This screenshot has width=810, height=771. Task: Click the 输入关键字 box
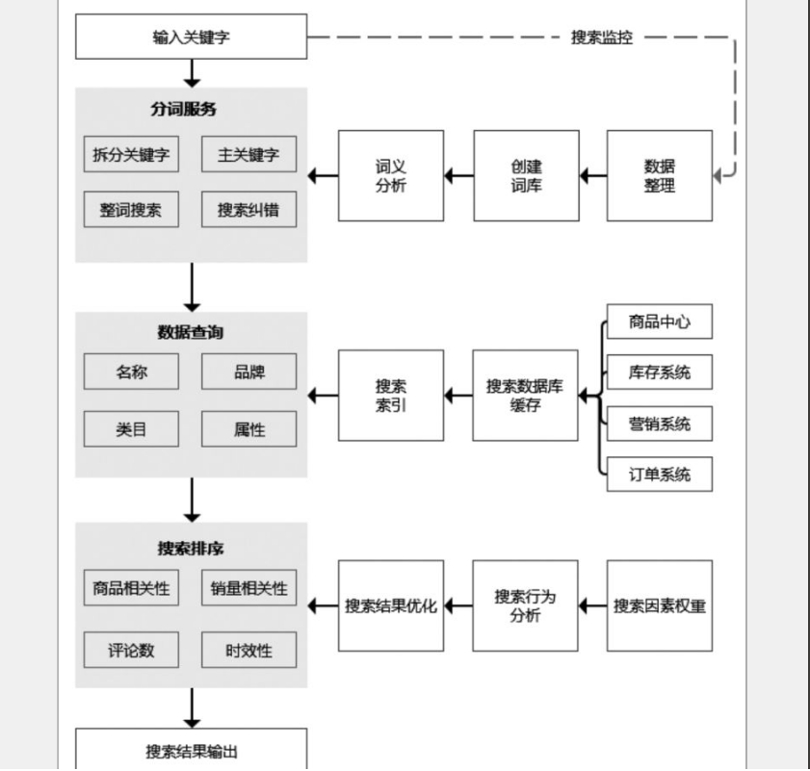tap(191, 38)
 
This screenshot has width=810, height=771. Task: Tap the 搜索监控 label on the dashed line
tap(602, 38)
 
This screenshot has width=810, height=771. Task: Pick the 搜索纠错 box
tap(248, 210)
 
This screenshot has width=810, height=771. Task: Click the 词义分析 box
tap(391, 176)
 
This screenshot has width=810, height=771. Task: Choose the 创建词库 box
tap(526, 176)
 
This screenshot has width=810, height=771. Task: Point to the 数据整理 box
tap(660, 176)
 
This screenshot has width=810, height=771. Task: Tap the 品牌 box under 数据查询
tap(248, 372)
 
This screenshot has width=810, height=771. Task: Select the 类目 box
tap(131, 429)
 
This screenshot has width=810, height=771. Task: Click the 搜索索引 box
tap(391, 395)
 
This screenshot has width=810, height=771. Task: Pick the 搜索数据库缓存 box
tap(525, 395)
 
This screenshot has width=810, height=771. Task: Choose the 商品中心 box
tap(660, 321)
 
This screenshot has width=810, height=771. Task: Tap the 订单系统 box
tap(660, 474)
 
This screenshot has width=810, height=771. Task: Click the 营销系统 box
tap(660, 423)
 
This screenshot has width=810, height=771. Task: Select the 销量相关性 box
tap(248, 588)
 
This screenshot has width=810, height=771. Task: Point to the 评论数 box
tap(131, 650)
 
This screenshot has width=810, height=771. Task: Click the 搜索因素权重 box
tap(660, 605)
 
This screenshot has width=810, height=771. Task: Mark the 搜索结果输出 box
tap(191, 751)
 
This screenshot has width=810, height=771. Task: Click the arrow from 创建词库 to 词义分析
tap(458, 176)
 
